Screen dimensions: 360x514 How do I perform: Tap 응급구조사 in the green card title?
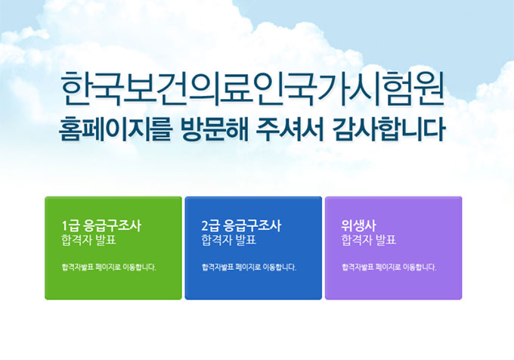tap(113, 225)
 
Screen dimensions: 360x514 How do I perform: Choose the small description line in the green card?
tap(109, 267)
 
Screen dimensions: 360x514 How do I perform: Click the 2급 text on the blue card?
tap(211, 225)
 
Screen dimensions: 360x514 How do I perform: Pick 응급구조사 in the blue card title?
tap(252, 225)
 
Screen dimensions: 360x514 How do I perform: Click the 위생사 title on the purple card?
tap(359, 225)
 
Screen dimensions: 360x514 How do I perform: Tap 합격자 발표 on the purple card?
tap(368, 241)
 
